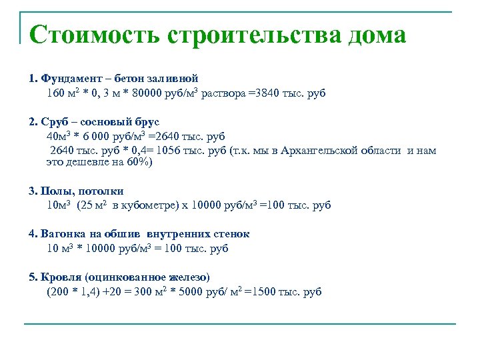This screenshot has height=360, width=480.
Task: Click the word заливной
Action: click(175, 79)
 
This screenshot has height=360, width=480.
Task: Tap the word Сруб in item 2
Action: click(55, 122)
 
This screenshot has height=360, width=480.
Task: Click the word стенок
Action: click(233, 235)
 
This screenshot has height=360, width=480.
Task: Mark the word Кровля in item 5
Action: click(61, 277)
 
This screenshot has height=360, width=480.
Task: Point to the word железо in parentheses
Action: click(188, 277)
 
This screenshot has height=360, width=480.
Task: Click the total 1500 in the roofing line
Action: click(265, 291)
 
